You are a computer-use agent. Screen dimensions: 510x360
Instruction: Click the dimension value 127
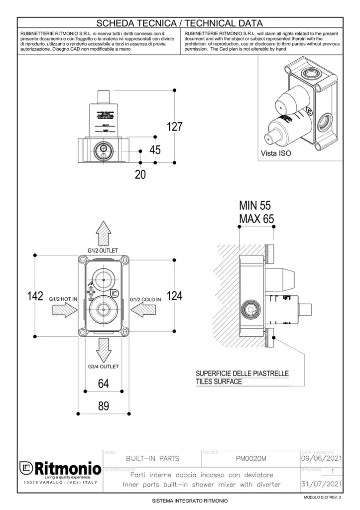coord(174,127)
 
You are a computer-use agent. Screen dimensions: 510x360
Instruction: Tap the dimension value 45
coord(155,149)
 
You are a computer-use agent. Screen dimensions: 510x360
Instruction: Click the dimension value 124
coord(174,296)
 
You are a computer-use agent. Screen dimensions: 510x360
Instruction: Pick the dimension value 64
coord(103,383)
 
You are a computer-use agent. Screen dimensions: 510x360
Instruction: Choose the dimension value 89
coord(103,406)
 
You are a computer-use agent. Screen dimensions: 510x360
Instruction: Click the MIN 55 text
coord(256,205)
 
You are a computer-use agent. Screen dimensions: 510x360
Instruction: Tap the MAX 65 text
coord(256,219)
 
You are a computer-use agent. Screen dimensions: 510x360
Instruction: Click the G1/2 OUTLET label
coord(103,251)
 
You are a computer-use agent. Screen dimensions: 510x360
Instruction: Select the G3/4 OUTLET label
coord(103,367)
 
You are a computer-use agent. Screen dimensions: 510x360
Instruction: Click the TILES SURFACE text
coord(219,382)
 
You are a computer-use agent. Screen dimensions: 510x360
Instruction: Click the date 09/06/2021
coord(322,458)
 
